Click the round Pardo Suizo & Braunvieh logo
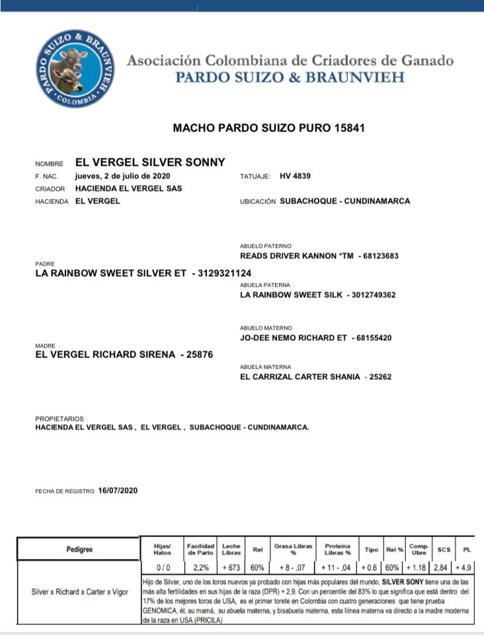pyautogui.click(x=75, y=69)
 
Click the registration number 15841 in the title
pyautogui.click(x=350, y=128)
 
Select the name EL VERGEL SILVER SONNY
pyautogui.click(x=150, y=163)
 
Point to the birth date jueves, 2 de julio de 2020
pyautogui.click(x=123, y=176)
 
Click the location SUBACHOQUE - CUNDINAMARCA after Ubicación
pyautogui.click(x=344, y=201)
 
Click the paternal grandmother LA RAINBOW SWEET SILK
pyautogui.click(x=291, y=295)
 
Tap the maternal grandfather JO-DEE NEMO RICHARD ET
pyautogui.click(x=294, y=338)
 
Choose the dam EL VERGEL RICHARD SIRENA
pyautogui.click(x=105, y=355)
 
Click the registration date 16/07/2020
pyautogui.click(x=118, y=490)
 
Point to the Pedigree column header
pyautogui.click(x=79, y=549)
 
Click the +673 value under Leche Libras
pyautogui.click(x=231, y=568)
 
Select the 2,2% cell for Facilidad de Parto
pyautogui.click(x=200, y=568)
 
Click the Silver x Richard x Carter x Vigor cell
pyautogui.click(x=80, y=592)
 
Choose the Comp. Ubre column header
pyautogui.click(x=419, y=549)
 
